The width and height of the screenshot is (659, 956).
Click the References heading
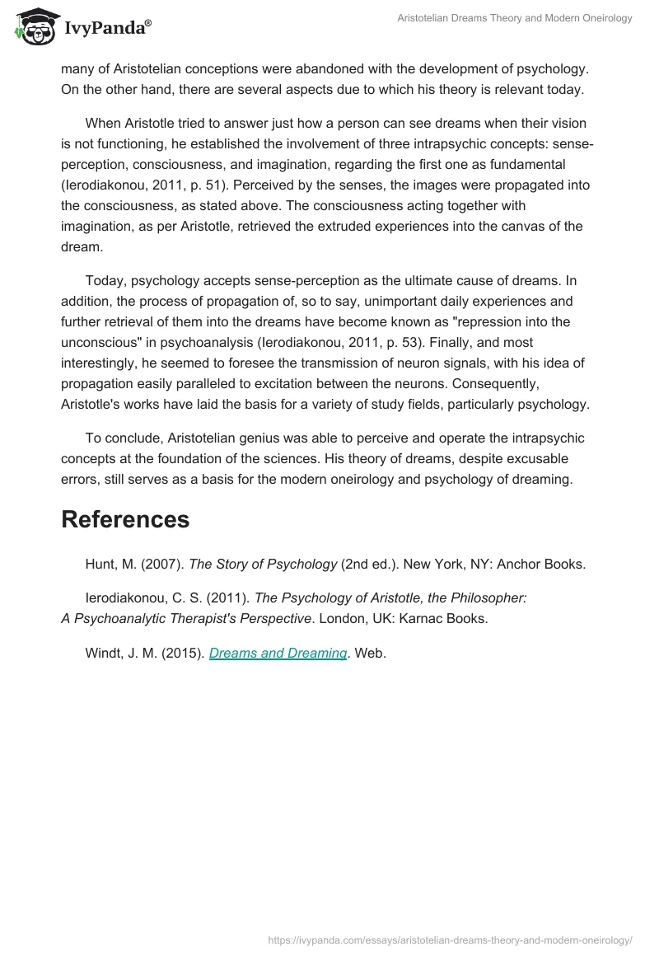click(125, 519)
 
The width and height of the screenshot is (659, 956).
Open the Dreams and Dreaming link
click(278, 653)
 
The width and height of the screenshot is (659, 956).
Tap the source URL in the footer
click(450, 939)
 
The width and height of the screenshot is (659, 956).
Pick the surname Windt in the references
click(104, 653)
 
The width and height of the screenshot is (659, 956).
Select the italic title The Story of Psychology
click(263, 565)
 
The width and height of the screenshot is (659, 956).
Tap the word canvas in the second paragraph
click(527, 225)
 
